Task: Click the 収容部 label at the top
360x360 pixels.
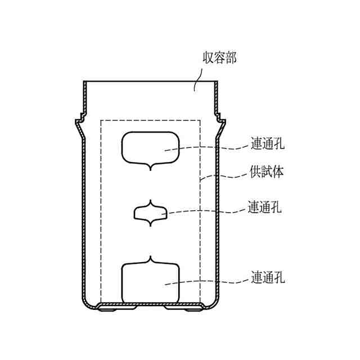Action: click(x=219, y=58)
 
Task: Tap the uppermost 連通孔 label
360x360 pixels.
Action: click(x=267, y=144)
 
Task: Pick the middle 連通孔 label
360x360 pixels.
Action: click(x=265, y=207)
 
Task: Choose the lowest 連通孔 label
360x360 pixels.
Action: click(x=267, y=278)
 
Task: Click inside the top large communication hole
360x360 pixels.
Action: click(x=150, y=147)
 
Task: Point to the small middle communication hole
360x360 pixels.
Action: click(x=150, y=213)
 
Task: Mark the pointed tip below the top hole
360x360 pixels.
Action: click(x=150, y=169)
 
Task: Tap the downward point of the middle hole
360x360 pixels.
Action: click(x=150, y=226)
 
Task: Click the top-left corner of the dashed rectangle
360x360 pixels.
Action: click(x=101, y=120)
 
